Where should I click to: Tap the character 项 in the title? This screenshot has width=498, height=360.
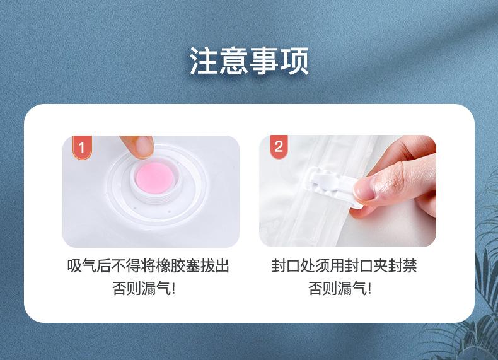click(294, 61)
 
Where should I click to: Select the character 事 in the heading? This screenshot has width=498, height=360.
click(264, 61)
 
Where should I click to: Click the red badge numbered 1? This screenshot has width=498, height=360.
click(82, 147)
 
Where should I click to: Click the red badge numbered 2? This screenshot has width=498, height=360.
click(279, 146)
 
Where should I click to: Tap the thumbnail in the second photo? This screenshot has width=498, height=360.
click(363, 189)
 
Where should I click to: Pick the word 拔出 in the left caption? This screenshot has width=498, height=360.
click(215, 266)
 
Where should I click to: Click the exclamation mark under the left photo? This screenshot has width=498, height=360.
click(173, 289)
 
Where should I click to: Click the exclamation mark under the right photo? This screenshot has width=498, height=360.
click(369, 289)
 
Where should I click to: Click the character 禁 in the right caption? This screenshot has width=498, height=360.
click(409, 266)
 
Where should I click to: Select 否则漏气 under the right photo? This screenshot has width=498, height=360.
click(337, 289)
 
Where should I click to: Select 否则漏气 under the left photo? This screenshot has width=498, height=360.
click(141, 289)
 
